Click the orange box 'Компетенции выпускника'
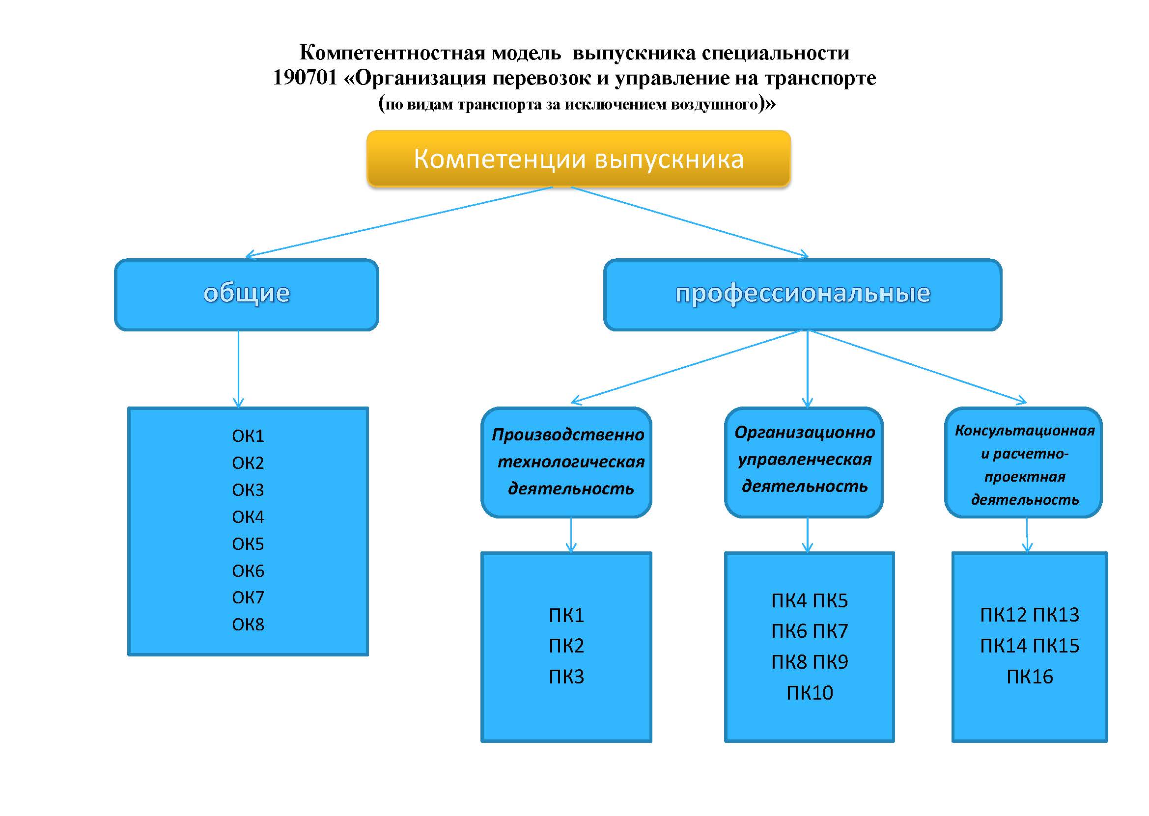(579, 159)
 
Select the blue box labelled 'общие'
(246, 295)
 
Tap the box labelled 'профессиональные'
(803, 295)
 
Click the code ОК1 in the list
(248, 435)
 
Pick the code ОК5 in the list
(248, 544)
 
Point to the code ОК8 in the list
(248, 625)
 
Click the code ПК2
(566, 646)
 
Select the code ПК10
(810, 693)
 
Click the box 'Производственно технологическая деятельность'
(566, 462)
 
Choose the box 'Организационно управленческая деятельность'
(804, 462)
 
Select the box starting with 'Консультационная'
(1024, 462)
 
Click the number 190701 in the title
(305, 78)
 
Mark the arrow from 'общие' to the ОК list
(238, 369)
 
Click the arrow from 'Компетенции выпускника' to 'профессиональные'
(690, 222)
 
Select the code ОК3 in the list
(248, 490)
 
